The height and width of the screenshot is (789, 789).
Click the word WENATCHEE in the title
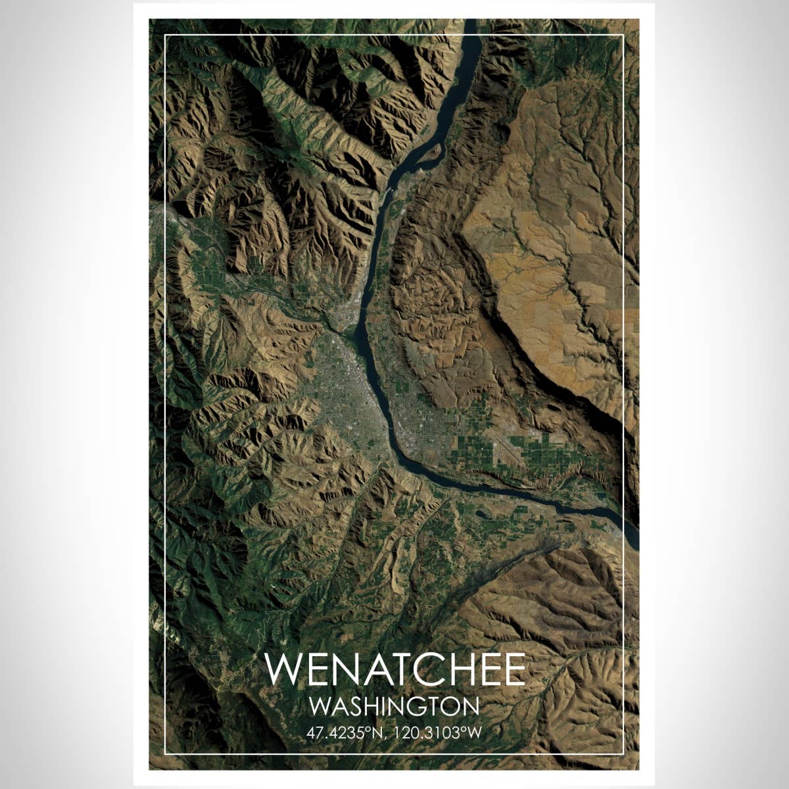[x=394, y=669]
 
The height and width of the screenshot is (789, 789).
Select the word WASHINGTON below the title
[x=394, y=707]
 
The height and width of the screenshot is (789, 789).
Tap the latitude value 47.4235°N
[x=345, y=732]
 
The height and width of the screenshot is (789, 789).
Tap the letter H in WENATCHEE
[x=460, y=669]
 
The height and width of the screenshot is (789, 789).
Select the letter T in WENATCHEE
[x=402, y=669]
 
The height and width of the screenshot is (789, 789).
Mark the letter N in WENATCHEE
[x=343, y=669]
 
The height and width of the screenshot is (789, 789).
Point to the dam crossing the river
[x=389, y=191]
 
